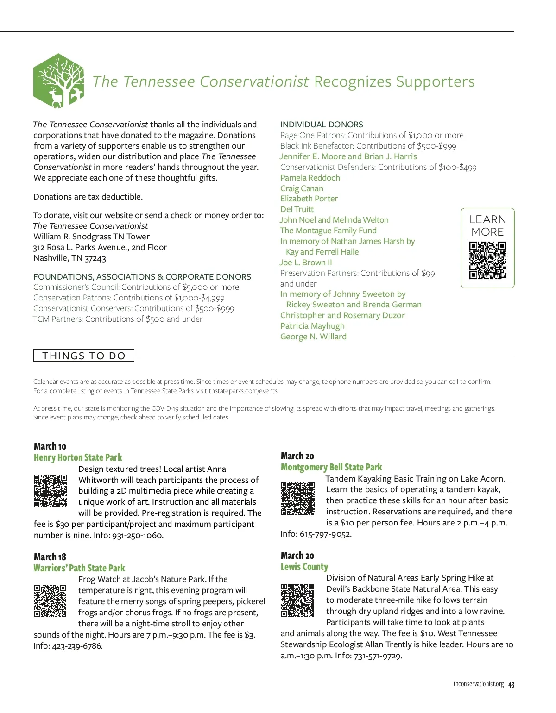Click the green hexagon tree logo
click(58, 81)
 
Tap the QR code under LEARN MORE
click(487, 260)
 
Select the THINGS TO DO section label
click(84, 356)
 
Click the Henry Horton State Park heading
click(78, 457)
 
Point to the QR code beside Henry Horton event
click(50, 490)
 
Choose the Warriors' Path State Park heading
click(79, 568)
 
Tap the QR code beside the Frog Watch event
click(50, 601)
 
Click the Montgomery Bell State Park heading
click(331, 467)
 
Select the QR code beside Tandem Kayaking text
click(298, 499)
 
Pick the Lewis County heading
click(304, 567)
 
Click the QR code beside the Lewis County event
click(298, 600)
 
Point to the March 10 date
click(50, 446)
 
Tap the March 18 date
click(50, 557)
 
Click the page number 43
click(512, 685)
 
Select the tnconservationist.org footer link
click(478, 684)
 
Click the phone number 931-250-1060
click(137, 535)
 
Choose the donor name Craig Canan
click(302, 188)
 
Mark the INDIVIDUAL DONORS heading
click(322, 125)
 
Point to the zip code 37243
click(95, 258)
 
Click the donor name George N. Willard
click(313, 337)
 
